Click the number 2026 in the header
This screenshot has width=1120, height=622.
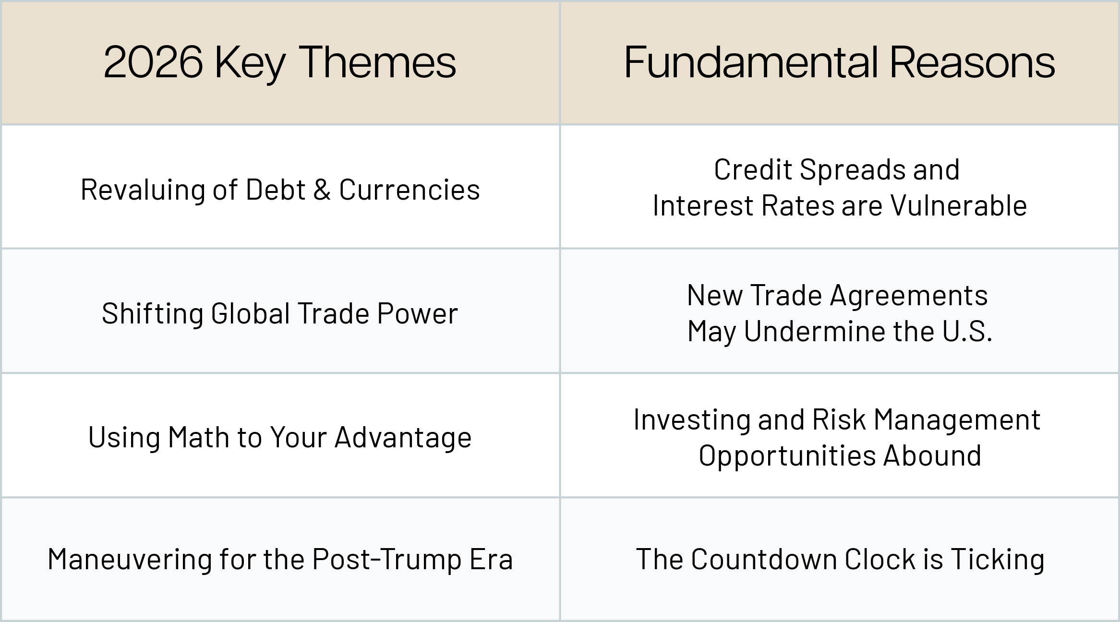click(153, 62)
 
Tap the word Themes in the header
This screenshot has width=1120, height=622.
click(378, 62)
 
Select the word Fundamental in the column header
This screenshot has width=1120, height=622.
click(751, 62)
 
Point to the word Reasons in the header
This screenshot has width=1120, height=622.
click(972, 62)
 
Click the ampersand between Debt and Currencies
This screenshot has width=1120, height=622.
click(322, 190)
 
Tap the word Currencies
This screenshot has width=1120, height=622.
click(409, 190)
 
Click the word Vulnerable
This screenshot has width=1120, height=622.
click(959, 206)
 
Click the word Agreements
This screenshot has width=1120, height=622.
click(909, 296)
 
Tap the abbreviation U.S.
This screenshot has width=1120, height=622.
click(967, 332)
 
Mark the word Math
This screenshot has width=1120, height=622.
click(199, 438)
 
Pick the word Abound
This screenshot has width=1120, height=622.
click(932, 455)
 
